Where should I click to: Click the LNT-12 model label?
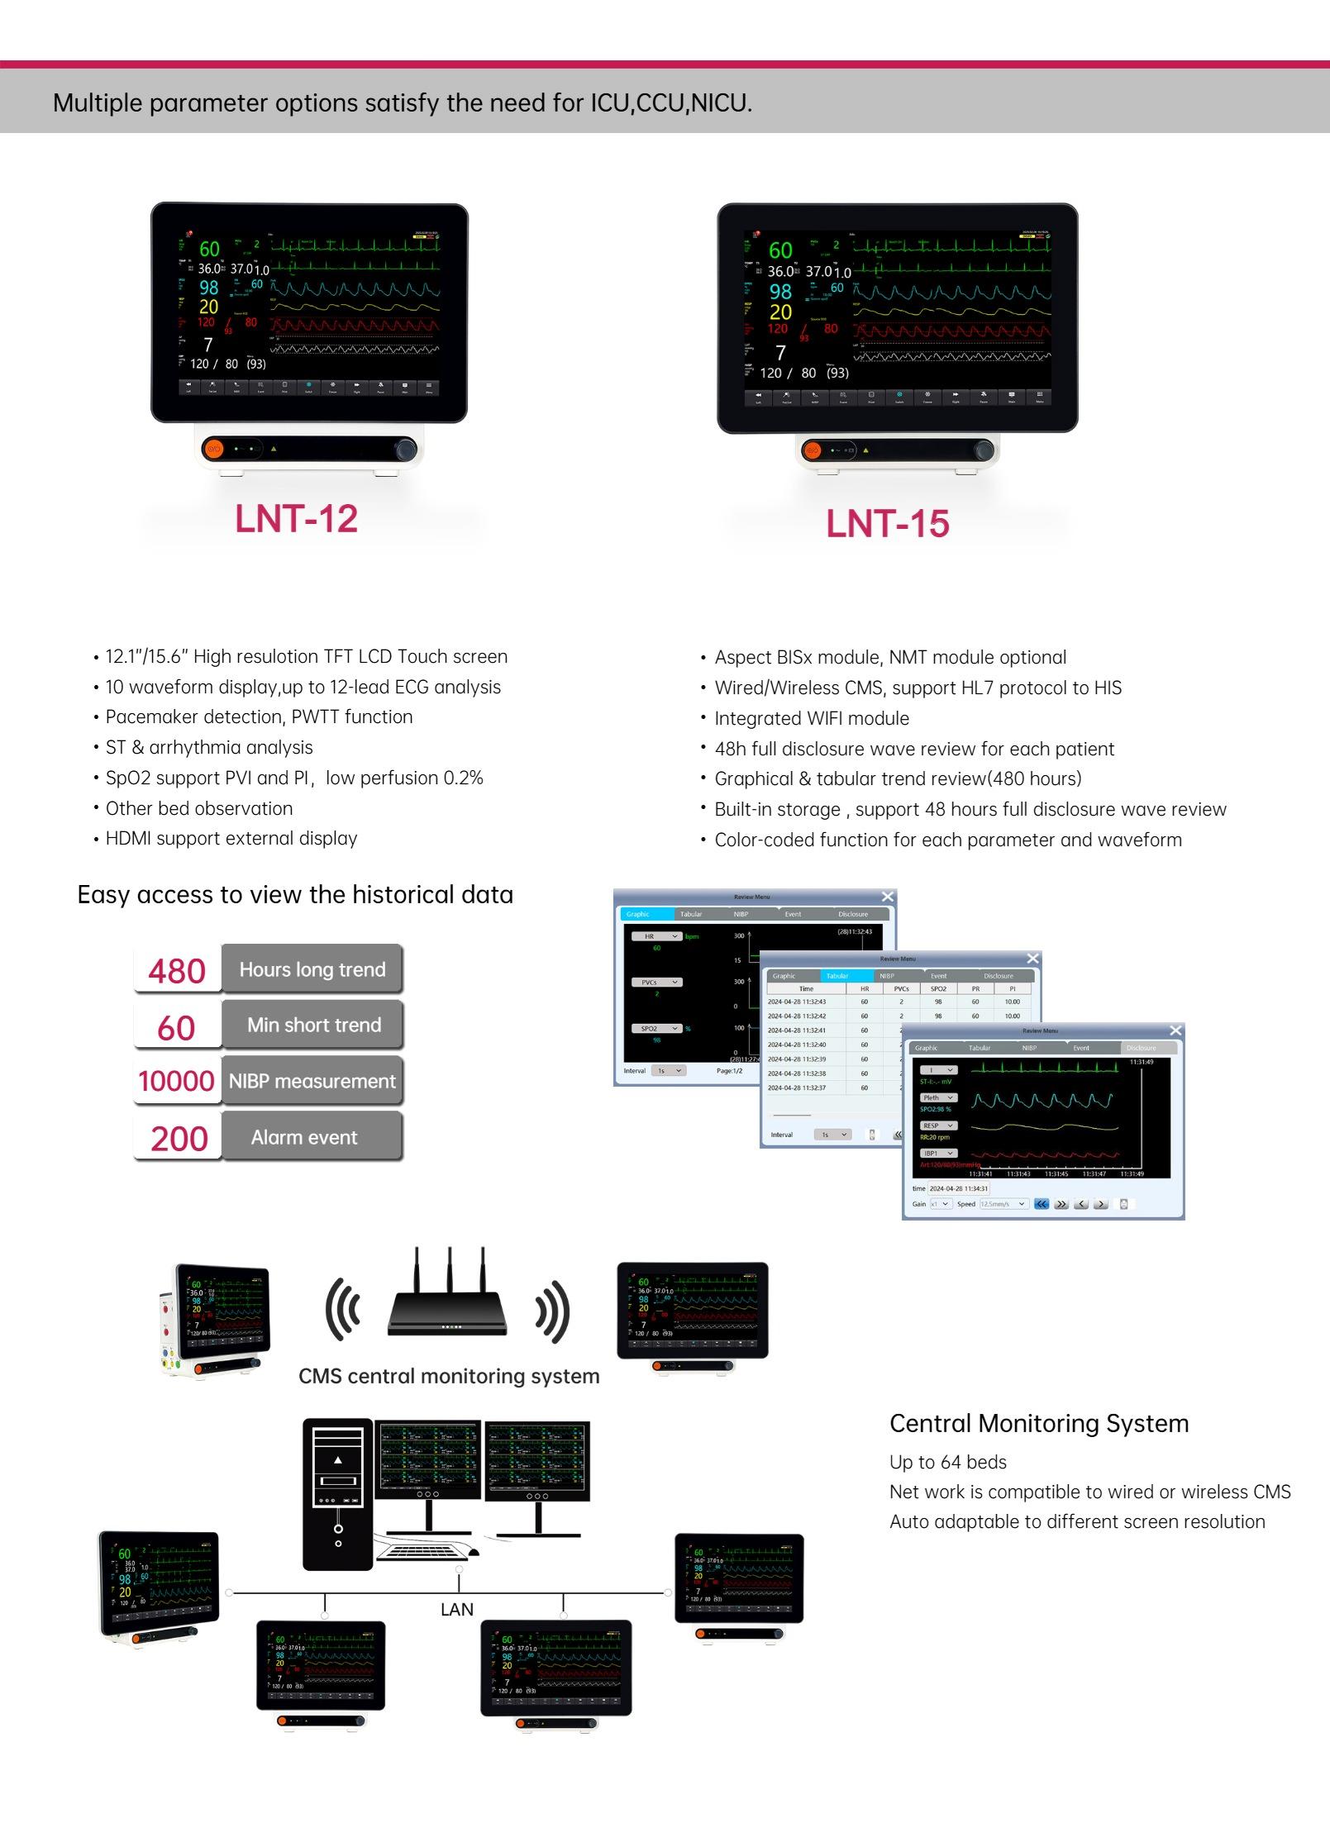coord(296,518)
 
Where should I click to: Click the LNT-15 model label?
coord(888,524)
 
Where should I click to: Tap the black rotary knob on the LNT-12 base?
coord(405,450)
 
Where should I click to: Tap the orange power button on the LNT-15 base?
coord(813,450)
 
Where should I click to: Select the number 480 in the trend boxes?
coord(177,970)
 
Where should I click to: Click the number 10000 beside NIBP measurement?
coord(176,1081)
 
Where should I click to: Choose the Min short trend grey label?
coord(312,1025)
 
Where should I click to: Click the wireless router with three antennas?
coord(447,1298)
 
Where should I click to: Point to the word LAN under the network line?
coord(457,1609)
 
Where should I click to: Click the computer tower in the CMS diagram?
coord(337,1494)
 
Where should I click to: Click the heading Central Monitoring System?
coord(1039,1424)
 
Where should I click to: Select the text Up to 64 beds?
coord(948,1462)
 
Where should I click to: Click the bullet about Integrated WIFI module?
coord(811,718)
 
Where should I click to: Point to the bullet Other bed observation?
coord(198,808)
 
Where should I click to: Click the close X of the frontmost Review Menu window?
coord(1175,1030)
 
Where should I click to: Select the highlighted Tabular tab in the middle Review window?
coord(837,976)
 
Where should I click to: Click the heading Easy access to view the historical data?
coord(295,895)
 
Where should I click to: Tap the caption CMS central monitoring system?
coord(449,1376)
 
